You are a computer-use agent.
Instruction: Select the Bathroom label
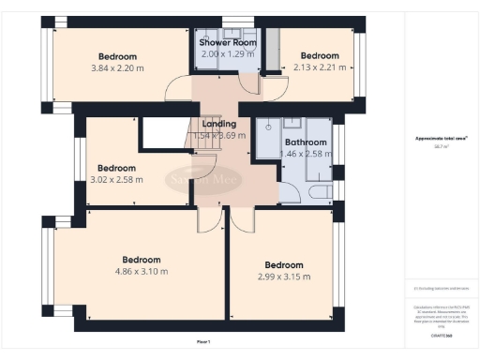[306, 142]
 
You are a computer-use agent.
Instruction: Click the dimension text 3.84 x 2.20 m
[117, 67]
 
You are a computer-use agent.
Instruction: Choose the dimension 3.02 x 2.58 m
[116, 179]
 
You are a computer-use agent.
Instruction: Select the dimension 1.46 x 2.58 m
[306, 153]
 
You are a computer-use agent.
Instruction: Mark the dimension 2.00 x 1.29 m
[224, 54]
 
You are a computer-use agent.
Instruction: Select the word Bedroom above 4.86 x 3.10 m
[141, 260]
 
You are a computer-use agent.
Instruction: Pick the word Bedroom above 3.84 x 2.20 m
[117, 55]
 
